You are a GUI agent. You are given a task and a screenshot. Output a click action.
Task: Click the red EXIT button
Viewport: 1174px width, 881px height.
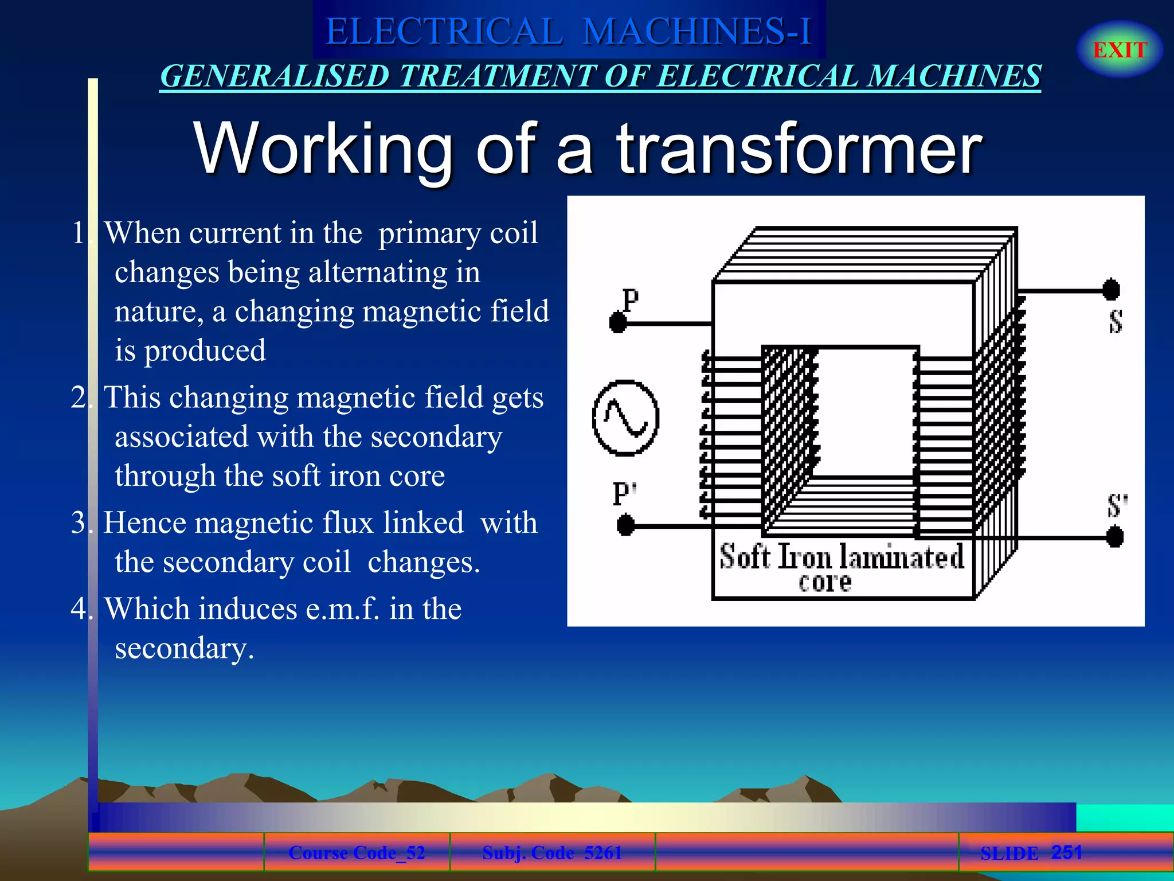tap(1120, 50)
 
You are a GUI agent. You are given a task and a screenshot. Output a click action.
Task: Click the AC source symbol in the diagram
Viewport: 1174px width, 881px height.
tap(625, 418)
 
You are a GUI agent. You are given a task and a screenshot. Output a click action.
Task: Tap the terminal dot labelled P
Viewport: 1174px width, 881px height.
tap(618, 322)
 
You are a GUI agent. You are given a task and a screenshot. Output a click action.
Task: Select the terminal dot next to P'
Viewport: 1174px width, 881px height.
tap(625, 525)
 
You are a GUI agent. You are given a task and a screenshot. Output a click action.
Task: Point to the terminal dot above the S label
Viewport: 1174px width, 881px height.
tap(1112, 290)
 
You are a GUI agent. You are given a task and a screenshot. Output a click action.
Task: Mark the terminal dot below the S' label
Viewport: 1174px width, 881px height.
tap(1115, 537)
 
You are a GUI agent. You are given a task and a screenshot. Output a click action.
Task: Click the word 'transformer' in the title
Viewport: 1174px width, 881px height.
tap(799, 149)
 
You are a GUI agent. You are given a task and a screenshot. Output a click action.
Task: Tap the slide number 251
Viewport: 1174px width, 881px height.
tap(1066, 852)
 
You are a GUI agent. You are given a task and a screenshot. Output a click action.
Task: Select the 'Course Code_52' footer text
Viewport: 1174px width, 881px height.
tap(357, 853)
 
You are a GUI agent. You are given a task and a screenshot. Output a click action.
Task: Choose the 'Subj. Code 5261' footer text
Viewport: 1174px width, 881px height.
tap(552, 853)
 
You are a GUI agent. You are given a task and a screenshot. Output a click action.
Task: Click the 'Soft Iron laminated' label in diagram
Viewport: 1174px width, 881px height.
tap(842, 557)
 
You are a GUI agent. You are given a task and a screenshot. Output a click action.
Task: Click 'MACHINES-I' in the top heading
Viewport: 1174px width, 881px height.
tap(697, 32)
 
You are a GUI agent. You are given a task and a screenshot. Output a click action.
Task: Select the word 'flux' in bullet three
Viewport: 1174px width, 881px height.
tap(348, 523)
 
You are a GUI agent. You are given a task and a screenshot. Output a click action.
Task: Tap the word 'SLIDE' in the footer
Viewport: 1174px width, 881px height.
tap(1009, 853)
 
